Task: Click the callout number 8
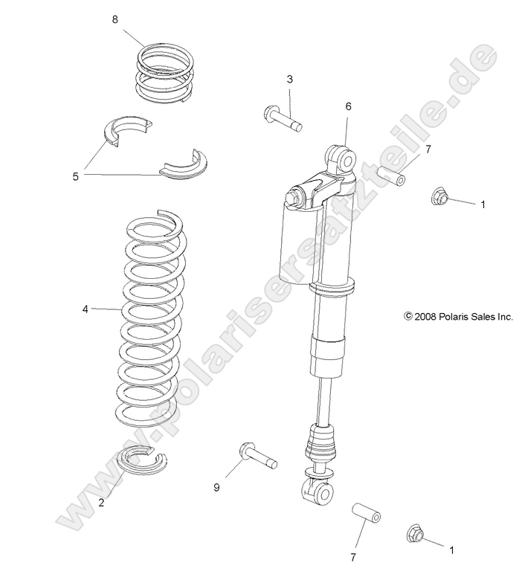115,20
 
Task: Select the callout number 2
101,502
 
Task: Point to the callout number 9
216,488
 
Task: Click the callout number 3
289,79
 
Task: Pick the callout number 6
347,106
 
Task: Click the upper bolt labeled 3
282,118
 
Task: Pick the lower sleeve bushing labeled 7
366,515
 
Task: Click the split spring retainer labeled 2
142,460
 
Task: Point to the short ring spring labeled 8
165,72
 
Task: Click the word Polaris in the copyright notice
465,316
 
